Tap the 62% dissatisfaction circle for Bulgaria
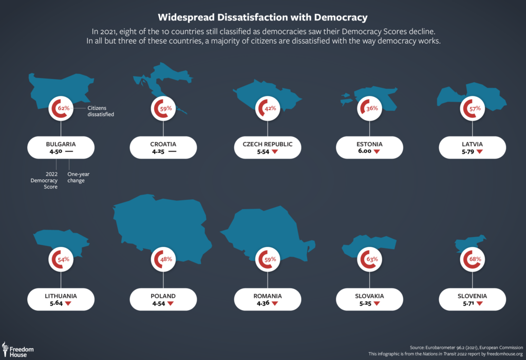click(62, 109)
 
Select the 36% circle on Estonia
click(370, 109)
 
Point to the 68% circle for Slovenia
click(473, 259)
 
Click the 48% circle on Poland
click(164, 259)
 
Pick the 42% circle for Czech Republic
click(268, 109)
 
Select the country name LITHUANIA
click(61, 296)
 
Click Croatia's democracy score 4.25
click(158, 152)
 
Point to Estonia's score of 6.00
click(364, 152)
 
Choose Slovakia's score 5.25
click(364, 304)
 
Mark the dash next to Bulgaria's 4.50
click(69, 152)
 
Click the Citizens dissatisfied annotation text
click(100, 111)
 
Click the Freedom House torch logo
click(5, 349)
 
